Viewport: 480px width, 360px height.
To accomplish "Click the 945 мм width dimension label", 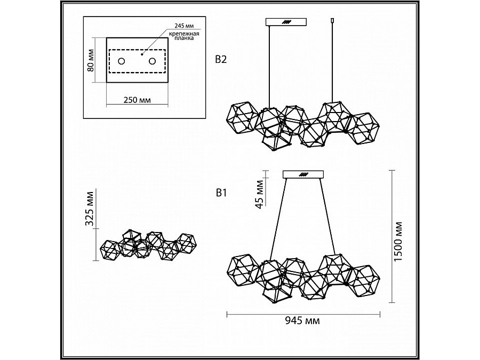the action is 302,321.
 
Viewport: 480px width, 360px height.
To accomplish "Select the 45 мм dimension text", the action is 260,194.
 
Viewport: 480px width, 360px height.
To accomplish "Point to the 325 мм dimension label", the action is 90,209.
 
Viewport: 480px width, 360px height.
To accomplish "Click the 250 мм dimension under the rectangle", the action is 137,100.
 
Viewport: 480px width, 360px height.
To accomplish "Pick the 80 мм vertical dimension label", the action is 91,60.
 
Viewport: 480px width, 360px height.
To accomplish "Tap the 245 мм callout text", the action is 184,26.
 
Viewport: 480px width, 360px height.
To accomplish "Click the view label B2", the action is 221,59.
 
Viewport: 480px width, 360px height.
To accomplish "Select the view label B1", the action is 221,193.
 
